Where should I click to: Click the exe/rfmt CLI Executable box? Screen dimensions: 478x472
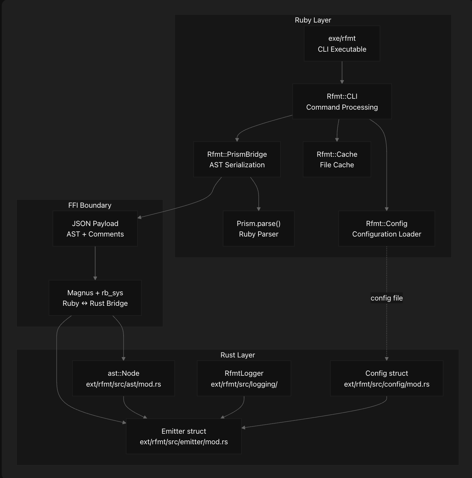coord(342,44)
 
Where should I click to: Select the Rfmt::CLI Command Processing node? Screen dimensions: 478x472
coord(342,102)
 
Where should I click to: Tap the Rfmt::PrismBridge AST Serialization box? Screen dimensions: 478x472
coord(237,159)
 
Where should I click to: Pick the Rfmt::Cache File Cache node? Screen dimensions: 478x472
coord(337,159)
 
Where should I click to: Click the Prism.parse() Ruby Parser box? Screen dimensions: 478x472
coord(258,228)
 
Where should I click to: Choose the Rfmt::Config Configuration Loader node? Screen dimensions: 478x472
coord(386,228)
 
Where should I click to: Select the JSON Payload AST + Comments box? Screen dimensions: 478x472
coord(95,228)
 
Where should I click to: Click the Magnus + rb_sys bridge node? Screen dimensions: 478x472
coord(95,298)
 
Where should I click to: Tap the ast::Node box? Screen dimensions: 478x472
coord(123,379)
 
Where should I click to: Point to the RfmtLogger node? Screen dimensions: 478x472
coord(244,379)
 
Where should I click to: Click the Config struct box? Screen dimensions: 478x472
coord(386,379)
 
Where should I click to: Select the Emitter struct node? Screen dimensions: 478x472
coord(184,436)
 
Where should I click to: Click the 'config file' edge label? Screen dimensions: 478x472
coord(386,298)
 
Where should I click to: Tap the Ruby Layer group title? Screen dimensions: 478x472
coord(313,20)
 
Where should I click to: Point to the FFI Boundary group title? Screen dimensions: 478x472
coord(90,205)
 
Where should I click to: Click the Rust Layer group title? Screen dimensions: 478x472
coord(237,355)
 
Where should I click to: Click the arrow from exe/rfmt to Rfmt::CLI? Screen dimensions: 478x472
coord(342,72)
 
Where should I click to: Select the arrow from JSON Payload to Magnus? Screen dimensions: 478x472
coord(95,263)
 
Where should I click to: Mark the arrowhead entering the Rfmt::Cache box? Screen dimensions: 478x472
coord(337,140)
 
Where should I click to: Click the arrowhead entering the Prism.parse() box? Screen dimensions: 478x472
coord(258,209)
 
